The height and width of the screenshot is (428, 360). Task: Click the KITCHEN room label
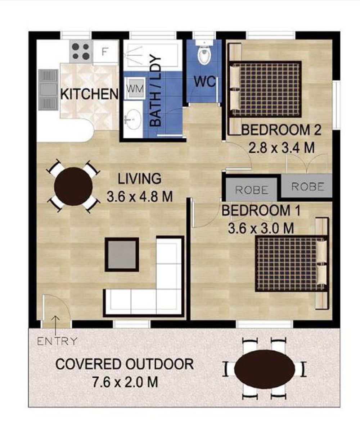pos(89,94)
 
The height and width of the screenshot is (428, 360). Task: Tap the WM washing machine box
pos(135,88)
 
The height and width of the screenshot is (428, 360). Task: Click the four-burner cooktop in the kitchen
pos(81,51)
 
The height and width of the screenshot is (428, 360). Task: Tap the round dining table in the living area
pos(73,186)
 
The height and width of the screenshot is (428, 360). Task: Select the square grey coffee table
pos(122,254)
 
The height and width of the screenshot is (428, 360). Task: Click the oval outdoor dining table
pos(264,369)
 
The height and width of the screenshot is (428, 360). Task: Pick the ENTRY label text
pos(57,341)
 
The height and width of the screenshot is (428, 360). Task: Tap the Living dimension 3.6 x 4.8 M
pos(140,196)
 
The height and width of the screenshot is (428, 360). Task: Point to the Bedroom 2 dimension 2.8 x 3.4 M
pos(281,148)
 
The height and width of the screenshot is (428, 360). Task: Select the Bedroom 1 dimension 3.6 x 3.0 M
pos(261,228)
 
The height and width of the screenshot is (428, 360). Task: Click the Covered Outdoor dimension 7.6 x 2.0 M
pos(125,382)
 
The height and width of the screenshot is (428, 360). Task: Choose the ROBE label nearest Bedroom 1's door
pos(252,190)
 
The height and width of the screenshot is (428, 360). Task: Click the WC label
pos(204,81)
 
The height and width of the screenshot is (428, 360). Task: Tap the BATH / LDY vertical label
pos(156,91)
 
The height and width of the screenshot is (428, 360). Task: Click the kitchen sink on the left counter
pos(48,90)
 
